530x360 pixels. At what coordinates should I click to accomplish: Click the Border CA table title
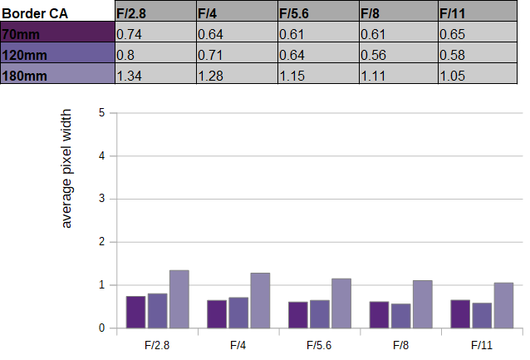(35, 13)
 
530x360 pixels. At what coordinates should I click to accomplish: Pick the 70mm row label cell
(57, 32)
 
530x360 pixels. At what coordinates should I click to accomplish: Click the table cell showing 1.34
(156, 73)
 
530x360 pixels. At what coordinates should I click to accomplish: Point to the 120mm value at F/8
(399, 52)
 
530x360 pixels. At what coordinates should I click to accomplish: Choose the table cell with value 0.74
(156, 32)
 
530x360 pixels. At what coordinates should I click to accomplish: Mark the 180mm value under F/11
(478, 73)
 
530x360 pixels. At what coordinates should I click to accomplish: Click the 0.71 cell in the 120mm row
(237, 52)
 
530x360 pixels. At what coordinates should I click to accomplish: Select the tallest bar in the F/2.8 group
(179, 299)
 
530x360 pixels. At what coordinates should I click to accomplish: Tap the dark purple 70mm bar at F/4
(217, 314)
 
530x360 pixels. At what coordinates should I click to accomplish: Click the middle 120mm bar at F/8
(401, 316)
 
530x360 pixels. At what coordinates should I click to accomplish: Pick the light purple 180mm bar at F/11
(503, 305)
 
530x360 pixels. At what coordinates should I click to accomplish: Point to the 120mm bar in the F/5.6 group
(320, 314)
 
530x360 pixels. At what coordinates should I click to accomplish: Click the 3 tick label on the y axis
(101, 199)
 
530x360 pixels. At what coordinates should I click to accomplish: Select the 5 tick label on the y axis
(101, 113)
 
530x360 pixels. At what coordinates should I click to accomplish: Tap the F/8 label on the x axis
(401, 346)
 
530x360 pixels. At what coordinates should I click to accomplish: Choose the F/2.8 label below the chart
(157, 346)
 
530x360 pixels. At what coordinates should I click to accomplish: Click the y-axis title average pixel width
(66, 169)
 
